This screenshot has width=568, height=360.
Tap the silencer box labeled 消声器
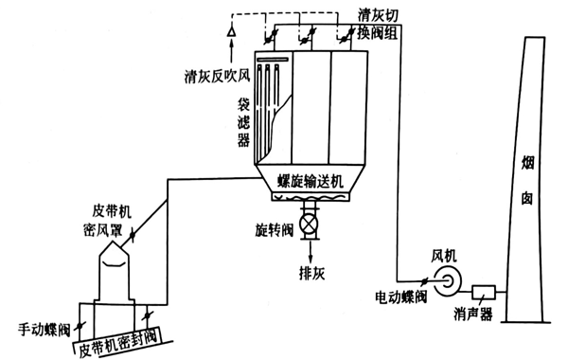[x=484, y=293]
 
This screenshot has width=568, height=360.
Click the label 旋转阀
[x=270, y=230]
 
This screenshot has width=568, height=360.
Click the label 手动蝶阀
[x=42, y=331]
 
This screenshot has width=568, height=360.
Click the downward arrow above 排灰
[x=308, y=252]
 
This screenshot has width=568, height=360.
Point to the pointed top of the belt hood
[x=114, y=240]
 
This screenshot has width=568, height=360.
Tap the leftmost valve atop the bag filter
[x=268, y=36]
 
